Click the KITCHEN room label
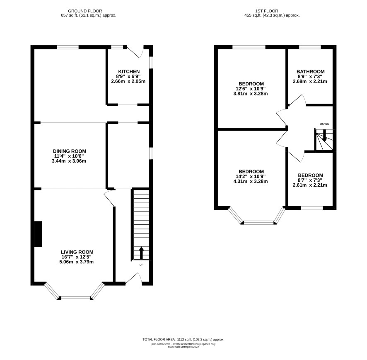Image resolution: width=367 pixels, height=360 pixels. tap(129, 71)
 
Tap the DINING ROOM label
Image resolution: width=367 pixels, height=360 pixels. tap(70, 151)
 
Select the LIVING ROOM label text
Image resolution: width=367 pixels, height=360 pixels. tap(77, 252)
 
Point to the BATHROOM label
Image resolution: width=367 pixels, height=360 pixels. tap(311, 71)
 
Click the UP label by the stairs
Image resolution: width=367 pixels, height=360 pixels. tap(141, 265)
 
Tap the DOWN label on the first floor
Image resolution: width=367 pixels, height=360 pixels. tap(324, 124)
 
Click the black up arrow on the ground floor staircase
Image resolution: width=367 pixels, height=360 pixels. tap(141, 253)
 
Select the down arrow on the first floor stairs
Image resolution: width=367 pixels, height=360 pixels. tap(324, 136)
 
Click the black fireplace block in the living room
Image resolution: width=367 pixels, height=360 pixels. tap(38, 234)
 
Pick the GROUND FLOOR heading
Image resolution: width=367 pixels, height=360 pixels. tap(85, 11)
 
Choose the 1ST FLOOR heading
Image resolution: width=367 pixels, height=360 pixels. tap(267, 11)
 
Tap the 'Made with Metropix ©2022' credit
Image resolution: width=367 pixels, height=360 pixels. tap(183, 347)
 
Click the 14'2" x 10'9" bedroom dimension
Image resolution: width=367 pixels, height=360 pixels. tap(251, 177)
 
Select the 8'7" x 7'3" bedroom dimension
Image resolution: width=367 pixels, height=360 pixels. tap(310, 180)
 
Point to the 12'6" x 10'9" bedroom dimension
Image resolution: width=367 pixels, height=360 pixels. tap(251, 89)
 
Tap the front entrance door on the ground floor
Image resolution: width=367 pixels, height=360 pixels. tap(134, 279)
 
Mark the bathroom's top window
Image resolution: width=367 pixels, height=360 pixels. tap(310, 47)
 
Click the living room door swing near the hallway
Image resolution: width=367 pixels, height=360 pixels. tap(109, 198)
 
